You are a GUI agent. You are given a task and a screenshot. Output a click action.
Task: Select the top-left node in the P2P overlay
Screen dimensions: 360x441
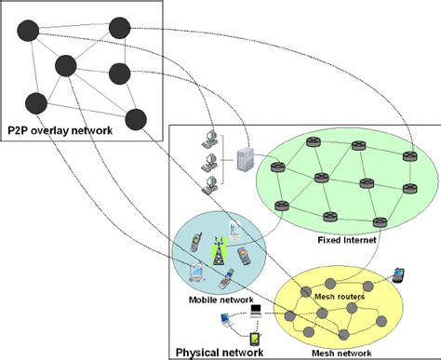tap(29, 31)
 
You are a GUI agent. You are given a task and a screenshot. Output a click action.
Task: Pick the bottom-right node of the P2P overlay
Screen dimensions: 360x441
tap(135, 118)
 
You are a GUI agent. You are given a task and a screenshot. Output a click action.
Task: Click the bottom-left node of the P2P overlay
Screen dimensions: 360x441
tap(35, 102)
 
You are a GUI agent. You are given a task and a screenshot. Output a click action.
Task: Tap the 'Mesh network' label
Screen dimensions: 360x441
tap(334, 353)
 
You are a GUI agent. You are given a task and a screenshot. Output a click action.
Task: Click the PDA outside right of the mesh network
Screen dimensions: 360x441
tap(400, 273)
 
